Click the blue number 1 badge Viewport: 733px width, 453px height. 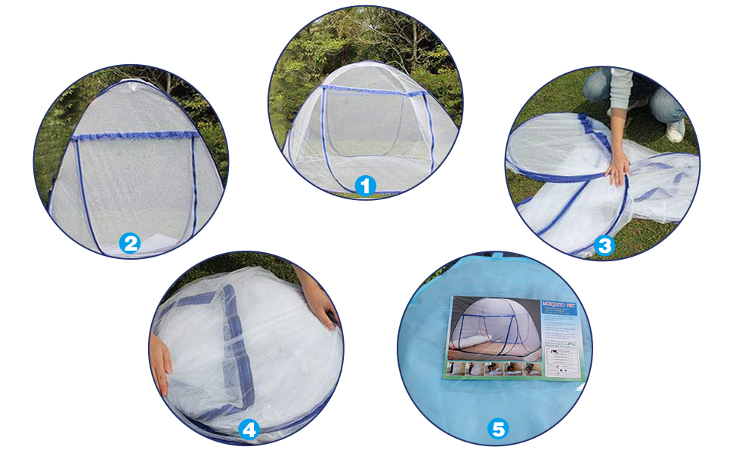pos(365,185)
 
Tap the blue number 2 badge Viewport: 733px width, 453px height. pos(131,243)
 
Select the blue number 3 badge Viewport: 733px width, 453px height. pos(604,245)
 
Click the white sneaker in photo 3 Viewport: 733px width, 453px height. pos(675,130)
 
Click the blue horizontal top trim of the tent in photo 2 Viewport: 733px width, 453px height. pos(135,137)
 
